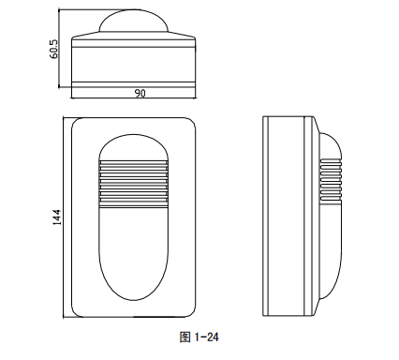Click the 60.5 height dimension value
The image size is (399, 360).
[54, 49]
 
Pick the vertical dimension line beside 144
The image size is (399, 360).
[63, 217]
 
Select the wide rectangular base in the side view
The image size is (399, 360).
[290, 217]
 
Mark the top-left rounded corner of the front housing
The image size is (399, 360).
[81, 125]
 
